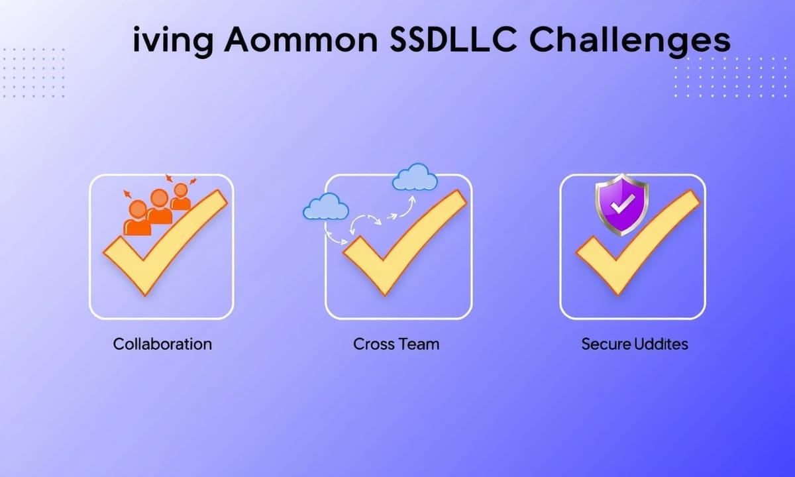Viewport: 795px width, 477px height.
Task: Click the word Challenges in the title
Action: [629, 41]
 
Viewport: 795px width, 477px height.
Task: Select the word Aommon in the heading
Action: [300, 40]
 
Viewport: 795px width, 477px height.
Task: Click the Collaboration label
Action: [162, 344]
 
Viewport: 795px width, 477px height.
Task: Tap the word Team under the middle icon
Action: [419, 344]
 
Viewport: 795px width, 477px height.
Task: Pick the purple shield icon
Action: [622, 205]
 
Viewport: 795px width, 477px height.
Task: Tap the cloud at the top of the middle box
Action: [415, 177]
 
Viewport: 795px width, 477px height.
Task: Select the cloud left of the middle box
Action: [326, 206]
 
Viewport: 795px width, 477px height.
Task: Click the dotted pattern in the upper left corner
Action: [34, 73]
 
